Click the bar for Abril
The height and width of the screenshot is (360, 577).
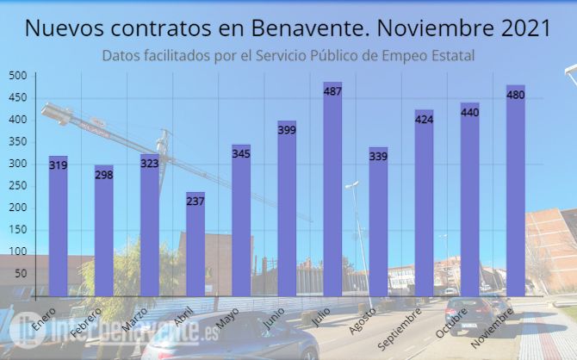click(195, 250)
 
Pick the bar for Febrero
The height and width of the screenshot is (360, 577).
click(104, 233)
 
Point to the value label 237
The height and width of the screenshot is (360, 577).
click(195, 201)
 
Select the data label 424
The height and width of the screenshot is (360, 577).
click(424, 119)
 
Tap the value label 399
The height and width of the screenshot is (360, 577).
click(287, 130)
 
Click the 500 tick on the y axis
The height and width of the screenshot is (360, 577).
click(17, 76)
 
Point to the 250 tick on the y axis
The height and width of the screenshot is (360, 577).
click(17, 186)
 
